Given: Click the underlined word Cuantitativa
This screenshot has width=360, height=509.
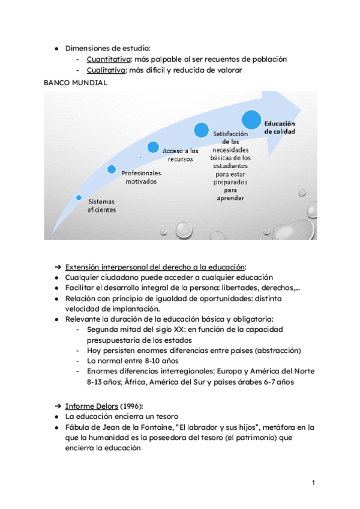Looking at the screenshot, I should (x=109, y=59).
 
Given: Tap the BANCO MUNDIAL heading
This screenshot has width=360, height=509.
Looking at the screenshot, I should (x=76, y=83).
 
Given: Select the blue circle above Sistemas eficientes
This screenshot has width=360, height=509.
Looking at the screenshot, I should (x=79, y=197).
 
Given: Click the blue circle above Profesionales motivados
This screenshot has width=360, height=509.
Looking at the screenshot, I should (x=112, y=169).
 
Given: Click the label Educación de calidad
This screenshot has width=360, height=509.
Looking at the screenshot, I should (x=280, y=127).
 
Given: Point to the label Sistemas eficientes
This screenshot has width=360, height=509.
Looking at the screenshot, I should (x=101, y=205).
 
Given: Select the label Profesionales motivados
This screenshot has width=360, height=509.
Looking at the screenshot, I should (x=141, y=176).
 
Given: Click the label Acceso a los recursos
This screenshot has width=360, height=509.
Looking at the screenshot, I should (x=181, y=155).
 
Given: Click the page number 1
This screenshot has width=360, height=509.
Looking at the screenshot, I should (x=313, y=483).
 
